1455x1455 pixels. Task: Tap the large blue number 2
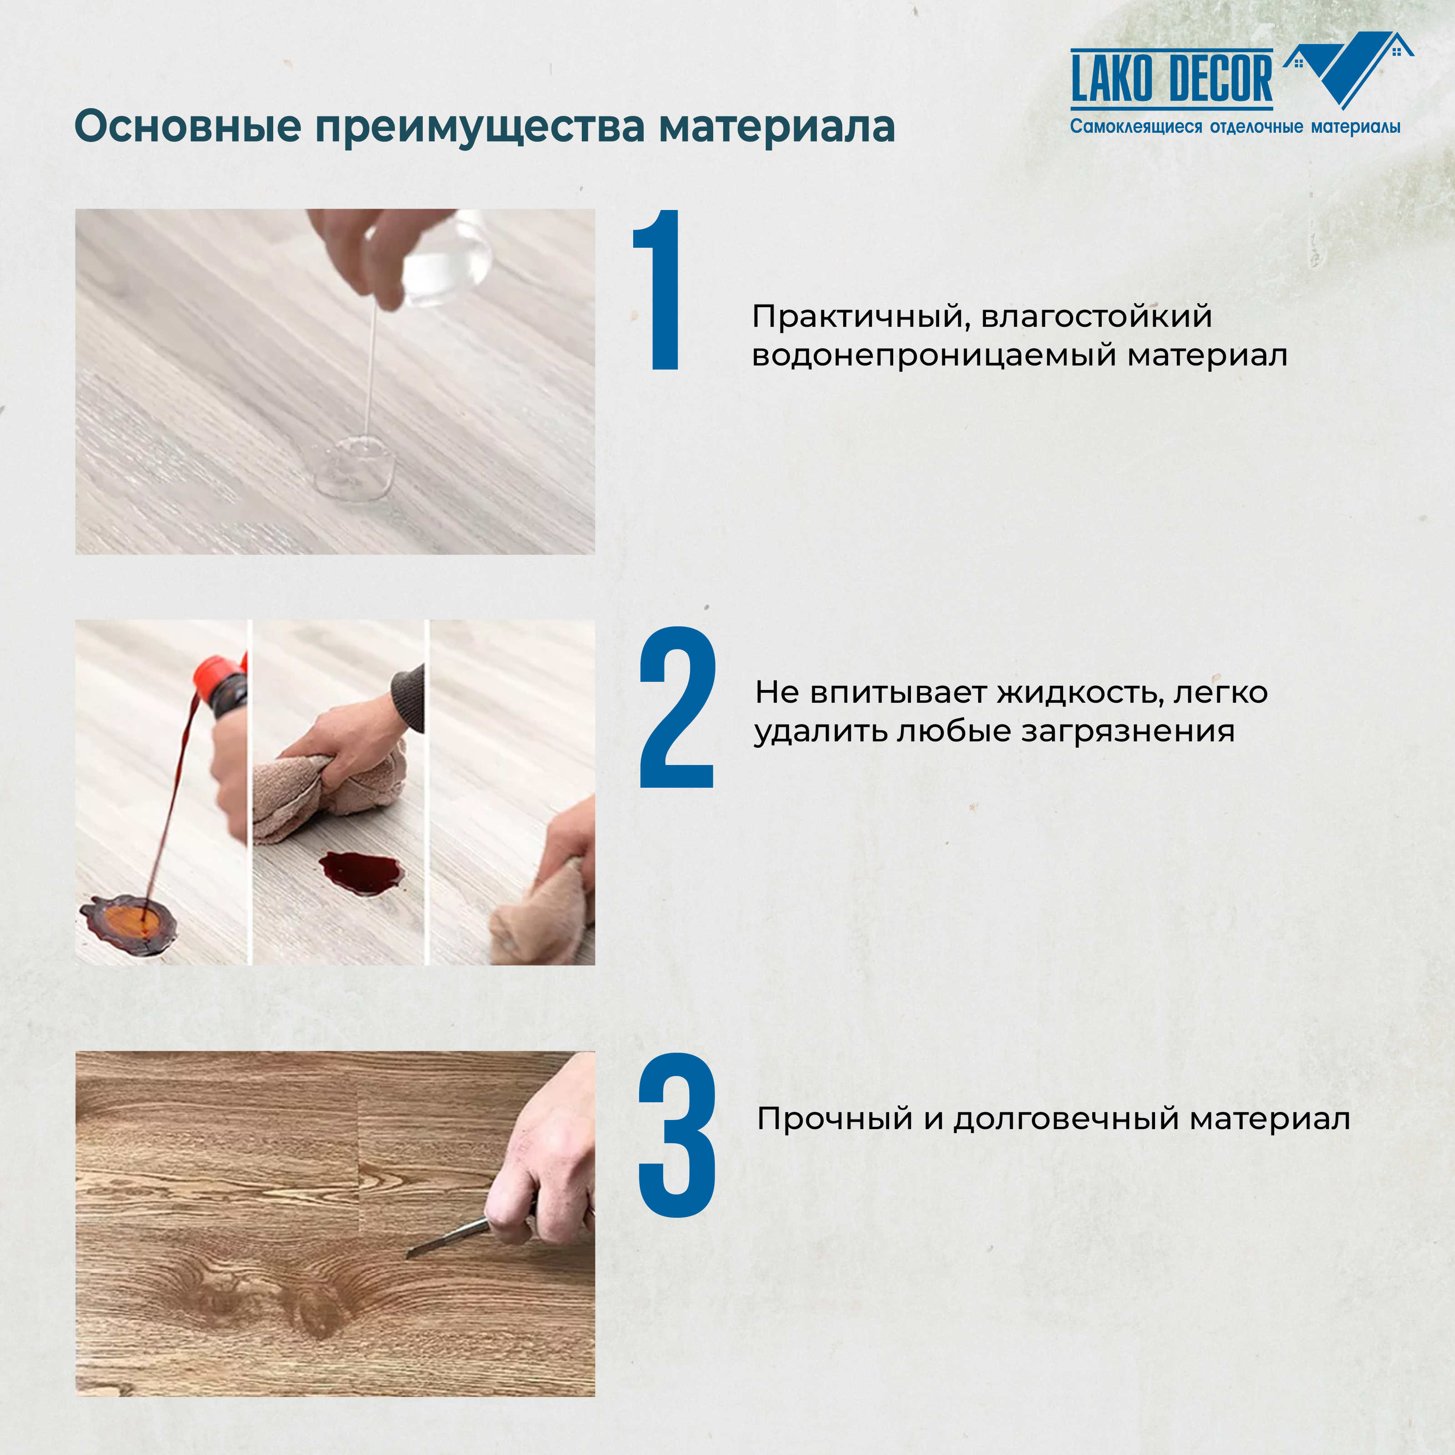(676, 708)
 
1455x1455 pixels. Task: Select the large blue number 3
(676, 1135)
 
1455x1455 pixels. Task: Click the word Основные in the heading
(188, 126)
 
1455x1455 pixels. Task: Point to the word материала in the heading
(776, 126)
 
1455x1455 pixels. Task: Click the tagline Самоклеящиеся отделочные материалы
(1235, 126)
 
